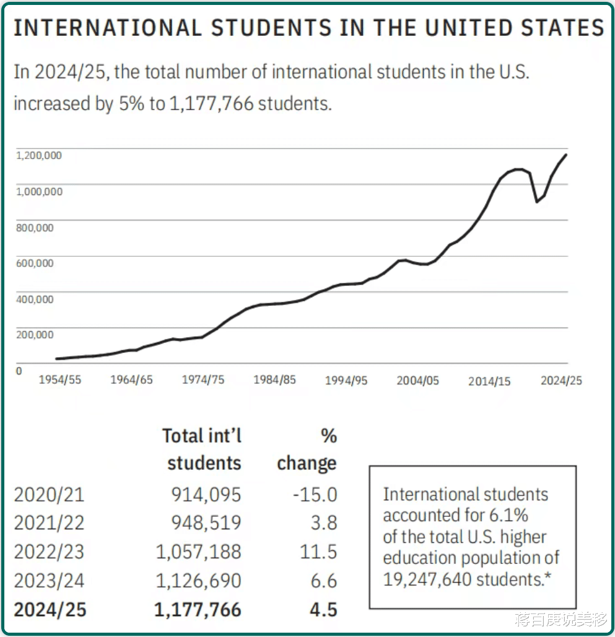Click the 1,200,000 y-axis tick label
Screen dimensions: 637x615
pos(38,155)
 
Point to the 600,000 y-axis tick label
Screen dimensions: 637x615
pos(36,263)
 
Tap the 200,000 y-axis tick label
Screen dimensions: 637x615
pos(36,335)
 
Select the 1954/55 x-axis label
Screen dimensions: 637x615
pos(60,380)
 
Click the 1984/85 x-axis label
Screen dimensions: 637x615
pos(274,380)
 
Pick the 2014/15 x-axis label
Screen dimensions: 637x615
pos(489,381)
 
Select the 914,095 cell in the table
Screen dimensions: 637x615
pos(206,494)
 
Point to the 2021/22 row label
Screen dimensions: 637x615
pos(49,523)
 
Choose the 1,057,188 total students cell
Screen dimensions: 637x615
pos(198,552)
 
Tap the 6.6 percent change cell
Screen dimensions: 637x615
pos(324,581)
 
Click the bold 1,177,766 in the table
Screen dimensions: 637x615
pos(198,610)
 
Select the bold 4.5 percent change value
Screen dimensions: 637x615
pos(323,610)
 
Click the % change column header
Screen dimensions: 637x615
pos(307,449)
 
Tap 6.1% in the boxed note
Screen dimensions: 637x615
pos(510,516)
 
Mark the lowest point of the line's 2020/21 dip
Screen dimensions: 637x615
pos(537,201)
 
